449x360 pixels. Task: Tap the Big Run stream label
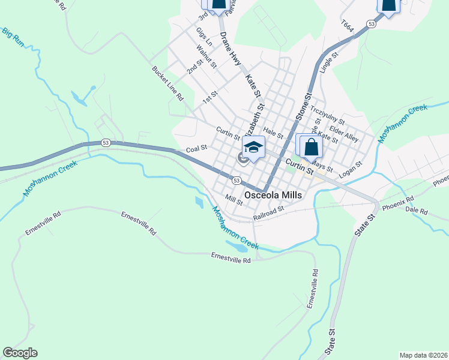click(13, 37)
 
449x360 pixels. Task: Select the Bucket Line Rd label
click(167, 83)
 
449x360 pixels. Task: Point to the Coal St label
click(196, 148)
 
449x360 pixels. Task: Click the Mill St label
click(234, 199)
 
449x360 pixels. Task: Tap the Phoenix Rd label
click(398, 203)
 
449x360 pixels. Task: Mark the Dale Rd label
click(416, 212)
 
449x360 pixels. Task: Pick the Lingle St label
click(330, 62)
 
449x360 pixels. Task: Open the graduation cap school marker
click(253, 147)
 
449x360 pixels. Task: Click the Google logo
click(20, 353)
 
